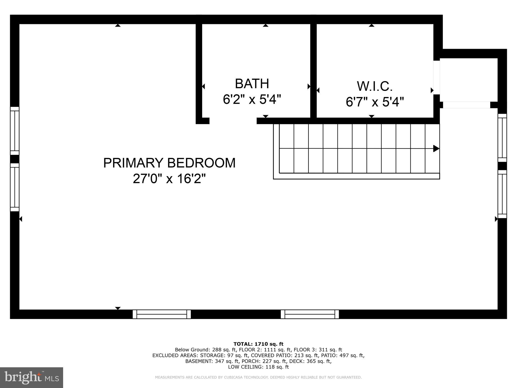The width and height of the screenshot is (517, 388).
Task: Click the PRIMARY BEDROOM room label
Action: tap(169, 163)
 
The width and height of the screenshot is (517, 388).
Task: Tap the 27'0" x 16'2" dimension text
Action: tap(169, 179)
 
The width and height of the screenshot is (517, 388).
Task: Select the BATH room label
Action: tap(252, 84)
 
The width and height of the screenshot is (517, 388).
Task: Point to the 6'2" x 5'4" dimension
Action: tap(252, 99)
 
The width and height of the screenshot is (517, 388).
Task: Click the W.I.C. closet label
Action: tap(375, 86)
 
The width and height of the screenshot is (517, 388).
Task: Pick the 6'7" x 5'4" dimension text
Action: tap(375, 102)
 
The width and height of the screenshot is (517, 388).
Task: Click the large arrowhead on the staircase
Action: tap(436, 149)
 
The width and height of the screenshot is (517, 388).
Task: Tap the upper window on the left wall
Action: tap(15, 131)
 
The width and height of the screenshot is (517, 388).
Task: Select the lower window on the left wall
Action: tap(15, 187)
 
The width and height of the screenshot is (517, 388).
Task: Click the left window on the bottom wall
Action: tap(162, 314)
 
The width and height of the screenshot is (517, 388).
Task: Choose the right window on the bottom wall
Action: tap(310, 314)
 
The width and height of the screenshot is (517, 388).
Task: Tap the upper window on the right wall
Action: tap(502, 138)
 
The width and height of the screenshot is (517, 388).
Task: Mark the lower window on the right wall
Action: tap(502, 194)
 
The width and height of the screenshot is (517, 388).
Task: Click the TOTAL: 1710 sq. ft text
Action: tap(258, 344)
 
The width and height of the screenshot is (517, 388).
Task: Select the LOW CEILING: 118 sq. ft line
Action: tap(258, 367)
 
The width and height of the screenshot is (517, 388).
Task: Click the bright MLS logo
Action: tap(32, 377)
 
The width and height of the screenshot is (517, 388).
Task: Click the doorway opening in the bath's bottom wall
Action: tap(233, 121)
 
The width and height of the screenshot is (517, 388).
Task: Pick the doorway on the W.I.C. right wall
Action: tap(437, 77)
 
